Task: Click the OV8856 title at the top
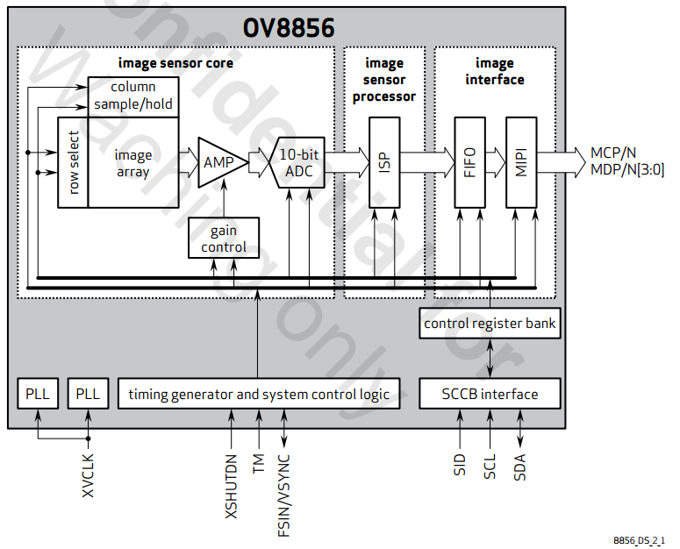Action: click(289, 28)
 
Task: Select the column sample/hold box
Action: click(133, 96)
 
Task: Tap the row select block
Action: click(73, 162)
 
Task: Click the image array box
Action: click(133, 162)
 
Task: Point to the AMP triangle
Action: click(218, 162)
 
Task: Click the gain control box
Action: click(223, 239)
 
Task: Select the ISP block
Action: click(384, 162)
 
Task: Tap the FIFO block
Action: click(469, 162)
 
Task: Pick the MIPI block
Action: click(521, 162)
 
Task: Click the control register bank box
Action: click(490, 323)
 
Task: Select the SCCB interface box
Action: click(490, 394)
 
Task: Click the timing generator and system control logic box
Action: click(258, 394)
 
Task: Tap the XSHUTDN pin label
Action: click(231, 486)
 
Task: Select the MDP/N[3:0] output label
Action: click(627, 170)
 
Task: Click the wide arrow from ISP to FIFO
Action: click(426, 162)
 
